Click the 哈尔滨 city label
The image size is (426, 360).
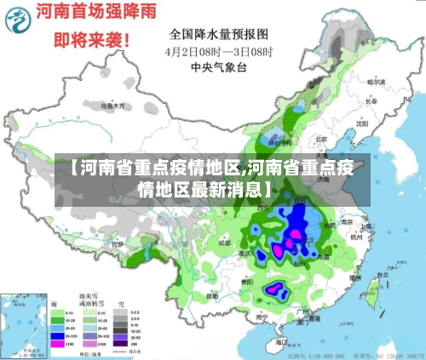[376, 83]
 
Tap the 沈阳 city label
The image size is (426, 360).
[361, 123]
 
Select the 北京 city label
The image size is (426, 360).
[321, 139]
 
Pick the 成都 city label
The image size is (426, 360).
[224, 243]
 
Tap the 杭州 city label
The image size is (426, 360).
[354, 239]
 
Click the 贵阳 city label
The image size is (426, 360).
[246, 280]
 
